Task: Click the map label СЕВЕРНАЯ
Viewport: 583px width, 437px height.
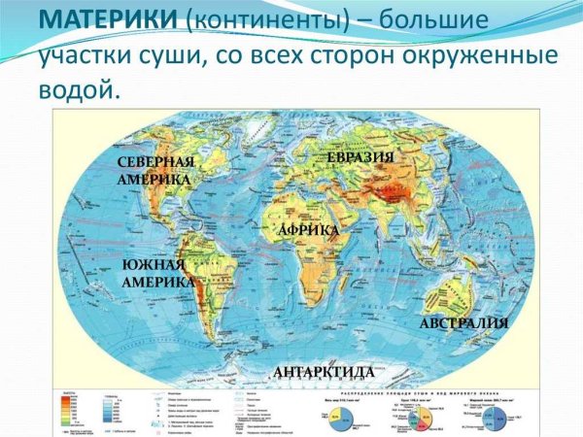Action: point(155,161)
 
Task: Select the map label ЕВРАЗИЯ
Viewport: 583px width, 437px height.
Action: point(360,157)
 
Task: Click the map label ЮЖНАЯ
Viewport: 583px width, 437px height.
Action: point(154,265)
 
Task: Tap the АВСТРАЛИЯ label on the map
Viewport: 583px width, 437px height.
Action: point(463,322)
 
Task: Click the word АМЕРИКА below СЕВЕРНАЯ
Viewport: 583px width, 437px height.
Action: point(154,180)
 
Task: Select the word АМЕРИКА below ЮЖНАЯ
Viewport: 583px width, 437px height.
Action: point(154,282)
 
